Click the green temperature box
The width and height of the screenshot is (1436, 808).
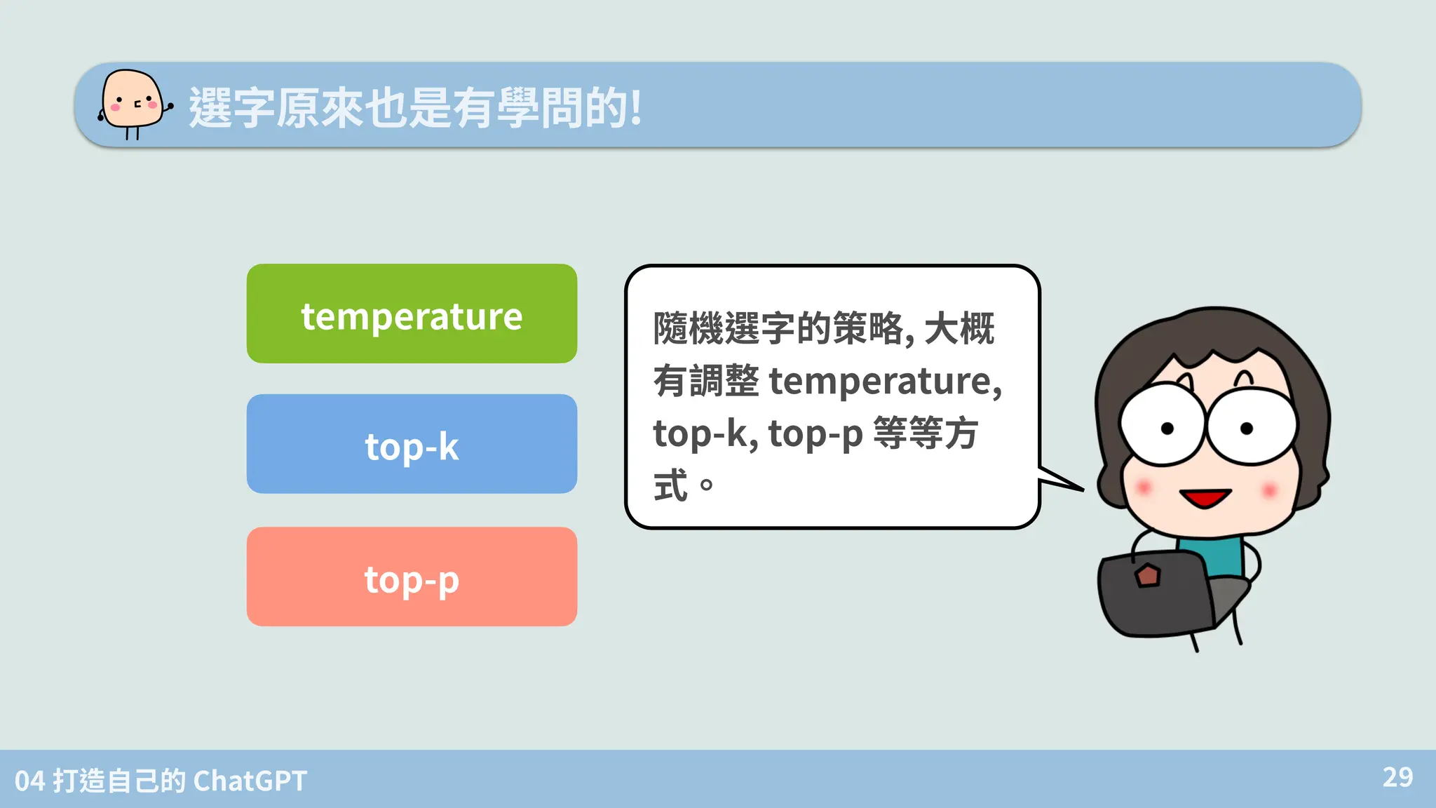click(x=412, y=314)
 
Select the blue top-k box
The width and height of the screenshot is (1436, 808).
click(x=412, y=444)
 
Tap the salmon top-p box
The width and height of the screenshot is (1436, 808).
click(x=412, y=577)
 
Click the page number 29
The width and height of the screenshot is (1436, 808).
click(x=1397, y=777)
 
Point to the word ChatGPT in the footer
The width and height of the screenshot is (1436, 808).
click(x=250, y=781)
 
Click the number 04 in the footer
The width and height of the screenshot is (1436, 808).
click(x=29, y=781)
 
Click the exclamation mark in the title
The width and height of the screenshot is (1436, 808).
click(x=635, y=107)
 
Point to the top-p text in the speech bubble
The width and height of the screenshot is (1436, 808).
click(x=815, y=433)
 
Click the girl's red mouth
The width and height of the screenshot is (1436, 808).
click(x=1205, y=498)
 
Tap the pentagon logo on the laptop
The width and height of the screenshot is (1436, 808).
click(x=1148, y=576)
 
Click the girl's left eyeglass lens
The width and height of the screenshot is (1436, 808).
click(x=1162, y=425)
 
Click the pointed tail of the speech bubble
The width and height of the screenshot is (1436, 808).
click(x=1062, y=480)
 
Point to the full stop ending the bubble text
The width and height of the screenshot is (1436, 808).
click(x=706, y=485)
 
